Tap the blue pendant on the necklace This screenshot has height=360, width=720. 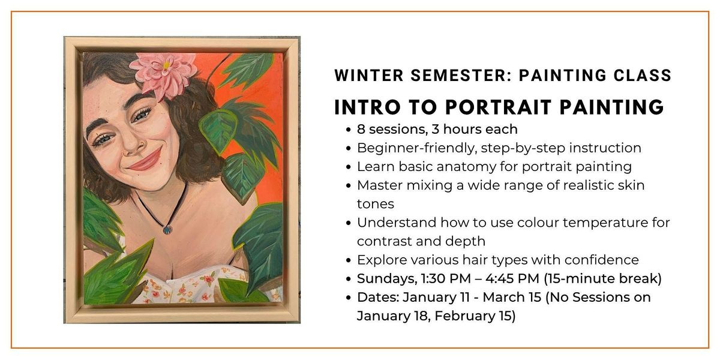point(166,229)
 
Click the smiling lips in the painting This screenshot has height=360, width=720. point(145,160)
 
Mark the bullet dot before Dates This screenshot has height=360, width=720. point(349,298)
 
